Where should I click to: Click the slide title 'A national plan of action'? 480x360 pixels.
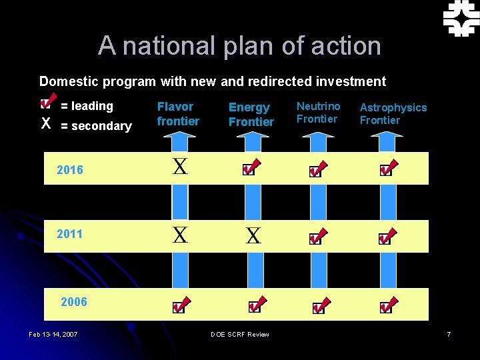(239, 46)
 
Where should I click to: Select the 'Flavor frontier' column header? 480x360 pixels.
(178, 113)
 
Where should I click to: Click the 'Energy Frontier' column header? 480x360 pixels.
(251, 114)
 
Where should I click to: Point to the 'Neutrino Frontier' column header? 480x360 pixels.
(318, 112)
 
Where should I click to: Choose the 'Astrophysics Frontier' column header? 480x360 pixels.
(393, 113)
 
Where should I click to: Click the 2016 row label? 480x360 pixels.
(70, 169)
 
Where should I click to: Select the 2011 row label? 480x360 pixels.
(70, 234)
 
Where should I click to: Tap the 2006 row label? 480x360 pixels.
(73, 302)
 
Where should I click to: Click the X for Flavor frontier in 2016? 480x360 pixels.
(180, 167)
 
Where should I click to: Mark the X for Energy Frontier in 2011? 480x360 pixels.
(253, 235)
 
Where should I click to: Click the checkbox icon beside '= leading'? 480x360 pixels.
(45, 103)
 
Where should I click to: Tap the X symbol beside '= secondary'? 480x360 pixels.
(46, 124)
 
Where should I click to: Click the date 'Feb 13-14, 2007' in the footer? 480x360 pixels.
(53, 333)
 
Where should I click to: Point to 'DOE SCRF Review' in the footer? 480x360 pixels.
(239, 333)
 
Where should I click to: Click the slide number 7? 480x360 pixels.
(449, 333)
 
